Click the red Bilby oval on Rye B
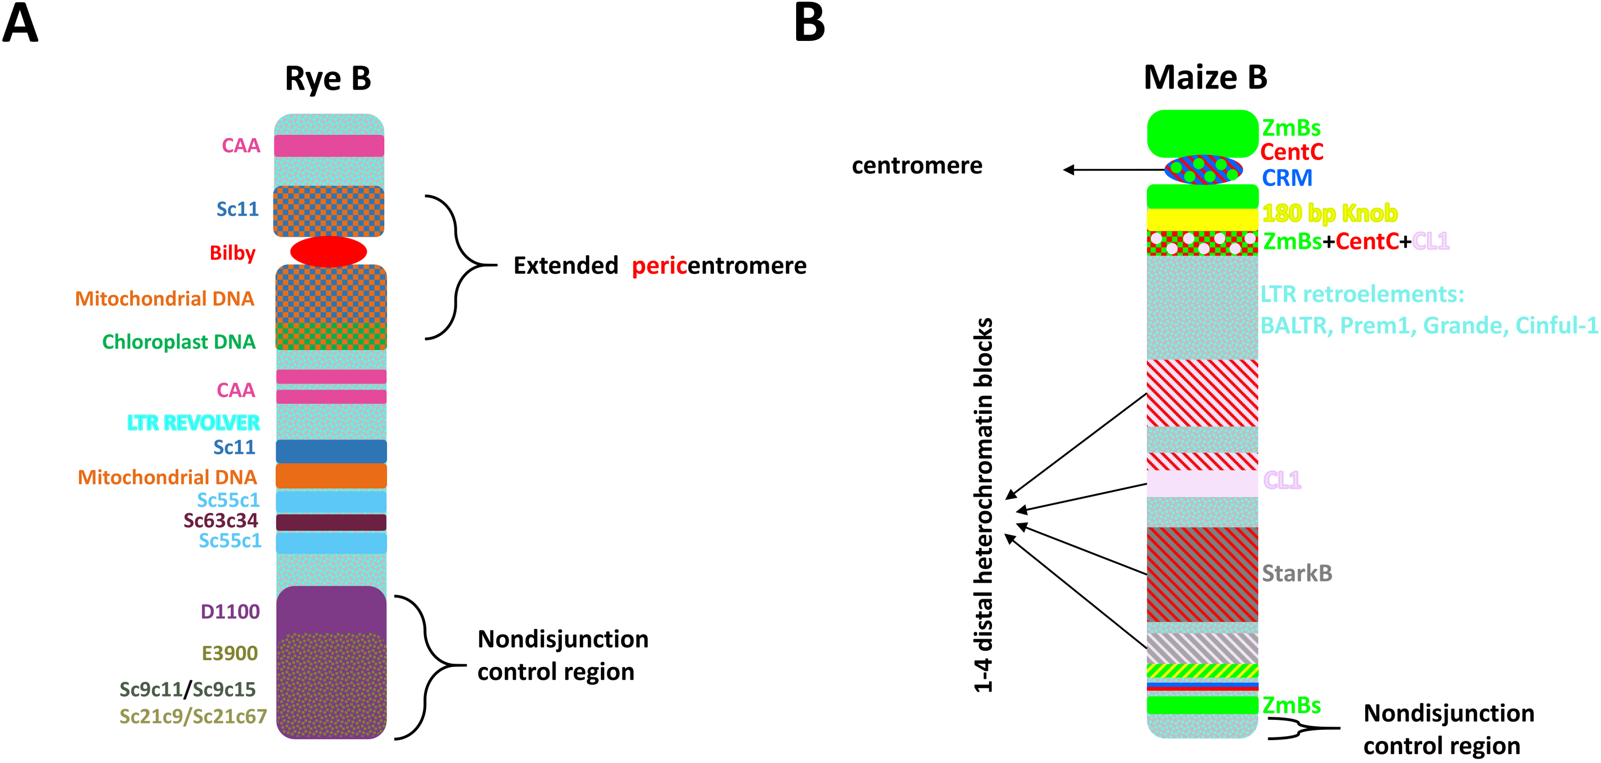tap(328, 251)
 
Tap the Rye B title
tap(328, 79)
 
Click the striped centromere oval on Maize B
tap(1203, 170)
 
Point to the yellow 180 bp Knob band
tap(1202, 219)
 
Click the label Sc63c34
tap(221, 521)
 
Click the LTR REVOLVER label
tap(194, 423)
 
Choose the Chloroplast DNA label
tap(179, 342)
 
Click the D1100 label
tap(230, 612)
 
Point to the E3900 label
tap(229, 653)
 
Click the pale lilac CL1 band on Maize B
tap(1202, 483)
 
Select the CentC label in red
tap(1292, 152)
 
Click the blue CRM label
tap(1287, 178)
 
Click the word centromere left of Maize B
tap(917, 166)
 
